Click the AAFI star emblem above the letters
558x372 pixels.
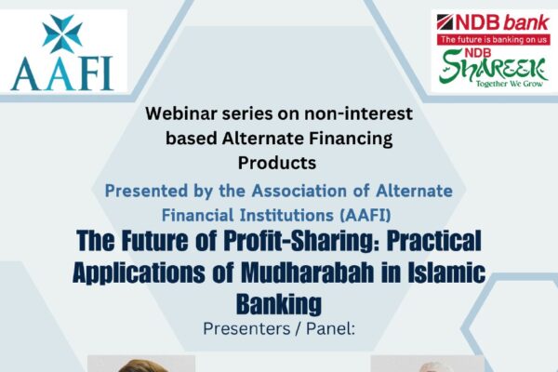pyautogui.click(x=62, y=33)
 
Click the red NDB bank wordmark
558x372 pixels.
pyautogui.click(x=493, y=23)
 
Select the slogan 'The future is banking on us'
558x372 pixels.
pyautogui.click(x=494, y=39)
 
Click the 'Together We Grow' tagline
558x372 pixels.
pyautogui.click(x=510, y=84)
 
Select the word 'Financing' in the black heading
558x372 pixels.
pyautogui.click(x=351, y=139)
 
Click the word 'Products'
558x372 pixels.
pyautogui.click(x=277, y=163)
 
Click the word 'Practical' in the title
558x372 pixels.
pyautogui.click(x=434, y=241)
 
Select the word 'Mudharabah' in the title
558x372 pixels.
pyautogui.click(x=308, y=272)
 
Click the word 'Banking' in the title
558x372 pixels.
pyautogui.click(x=279, y=304)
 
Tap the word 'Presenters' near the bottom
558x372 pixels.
pyautogui.click(x=246, y=328)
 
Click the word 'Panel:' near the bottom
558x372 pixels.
pyautogui.click(x=330, y=328)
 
